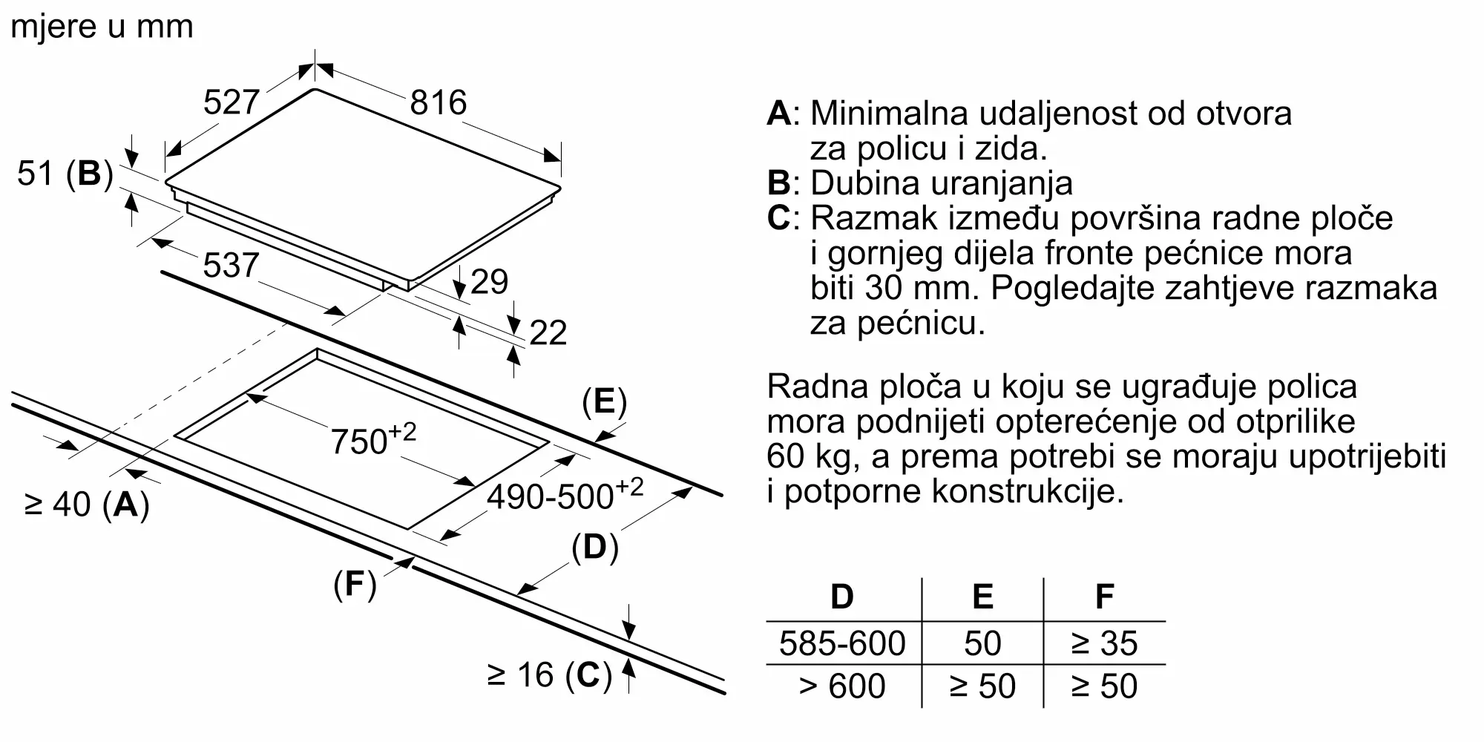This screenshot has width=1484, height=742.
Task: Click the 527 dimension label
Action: click(231, 102)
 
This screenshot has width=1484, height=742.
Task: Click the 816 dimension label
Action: click(438, 102)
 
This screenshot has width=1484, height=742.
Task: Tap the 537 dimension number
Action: click(231, 266)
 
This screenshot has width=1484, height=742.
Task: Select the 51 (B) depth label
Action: click(65, 174)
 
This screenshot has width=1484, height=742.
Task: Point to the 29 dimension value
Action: click(489, 282)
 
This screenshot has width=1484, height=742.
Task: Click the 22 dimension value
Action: click(548, 332)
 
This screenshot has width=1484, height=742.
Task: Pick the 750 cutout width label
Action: click(372, 439)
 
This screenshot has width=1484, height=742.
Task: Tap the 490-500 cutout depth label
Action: click(564, 495)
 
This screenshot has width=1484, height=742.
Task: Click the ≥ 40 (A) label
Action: click(87, 505)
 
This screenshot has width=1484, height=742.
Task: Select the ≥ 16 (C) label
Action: click(549, 675)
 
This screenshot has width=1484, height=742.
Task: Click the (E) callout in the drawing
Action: click(604, 402)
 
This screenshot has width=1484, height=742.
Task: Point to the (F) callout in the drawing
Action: click(355, 585)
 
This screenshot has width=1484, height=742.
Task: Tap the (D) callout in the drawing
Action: click(594, 548)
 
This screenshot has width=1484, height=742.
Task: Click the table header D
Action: click(842, 597)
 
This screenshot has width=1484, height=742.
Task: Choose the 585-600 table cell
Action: click(842, 643)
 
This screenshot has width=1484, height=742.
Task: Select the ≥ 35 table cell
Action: click(1104, 643)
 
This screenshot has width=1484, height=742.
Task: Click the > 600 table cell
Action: click(842, 686)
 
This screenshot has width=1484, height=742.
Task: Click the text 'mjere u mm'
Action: click(102, 27)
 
